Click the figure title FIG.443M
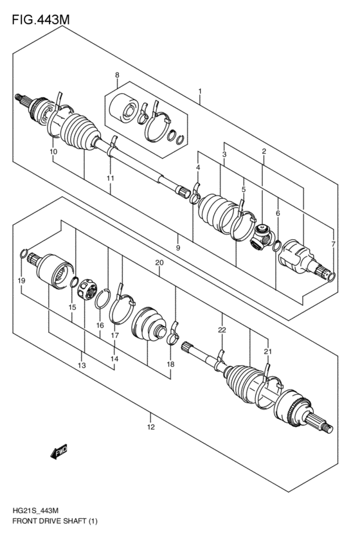[40, 20]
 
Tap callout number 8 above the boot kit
[117, 76]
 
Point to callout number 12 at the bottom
[150, 427]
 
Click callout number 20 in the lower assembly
[159, 263]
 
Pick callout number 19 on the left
[21, 281]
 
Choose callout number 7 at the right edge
[332, 244]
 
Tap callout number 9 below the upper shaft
[177, 247]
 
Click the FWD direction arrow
[58, 453]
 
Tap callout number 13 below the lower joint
[82, 365]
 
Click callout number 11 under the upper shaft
[111, 177]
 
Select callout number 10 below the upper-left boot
[53, 152]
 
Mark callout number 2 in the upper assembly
[264, 151]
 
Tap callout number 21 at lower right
[267, 351]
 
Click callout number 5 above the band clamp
[243, 190]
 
